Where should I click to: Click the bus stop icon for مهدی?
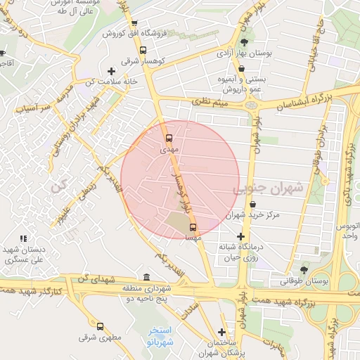(x=169, y=137)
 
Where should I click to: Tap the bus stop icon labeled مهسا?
(x=193, y=226)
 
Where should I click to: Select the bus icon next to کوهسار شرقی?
(x=143, y=51)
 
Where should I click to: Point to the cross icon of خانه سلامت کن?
(x=111, y=71)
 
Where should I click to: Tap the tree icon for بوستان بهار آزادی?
(x=244, y=44)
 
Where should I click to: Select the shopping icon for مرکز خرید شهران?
(x=252, y=204)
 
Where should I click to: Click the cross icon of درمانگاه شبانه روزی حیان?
(x=241, y=236)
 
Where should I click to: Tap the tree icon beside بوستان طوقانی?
(x=304, y=269)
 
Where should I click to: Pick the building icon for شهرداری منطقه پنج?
(x=146, y=276)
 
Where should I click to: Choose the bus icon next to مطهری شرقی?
(x=100, y=326)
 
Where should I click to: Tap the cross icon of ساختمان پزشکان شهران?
(x=222, y=332)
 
